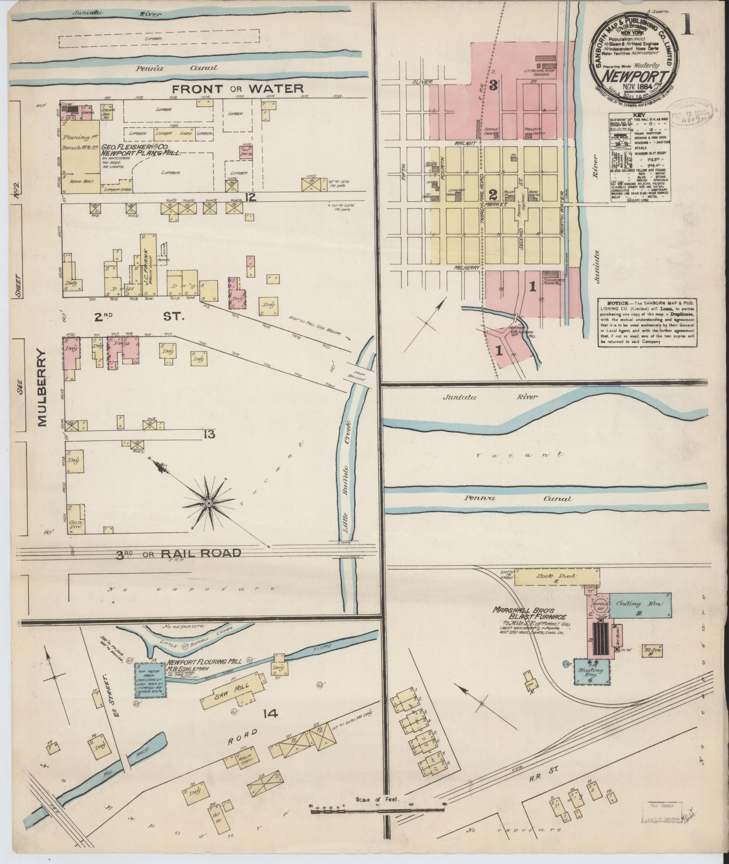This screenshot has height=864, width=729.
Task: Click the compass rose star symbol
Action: tap(209, 503)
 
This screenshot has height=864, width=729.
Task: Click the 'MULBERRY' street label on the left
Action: tap(42, 387)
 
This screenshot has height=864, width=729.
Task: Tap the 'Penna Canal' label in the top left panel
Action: tap(176, 68)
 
